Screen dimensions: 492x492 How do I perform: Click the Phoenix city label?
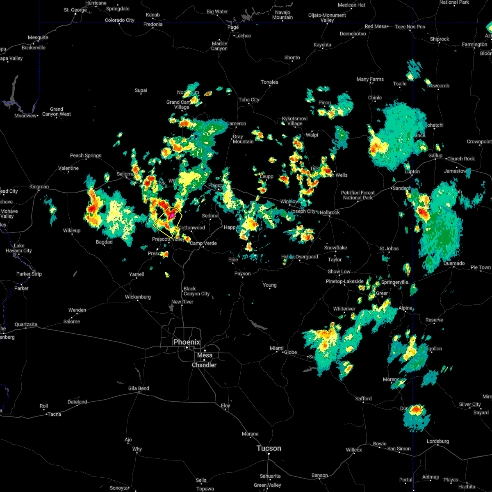point(187,342)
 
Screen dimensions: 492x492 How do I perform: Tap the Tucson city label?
point(269,448)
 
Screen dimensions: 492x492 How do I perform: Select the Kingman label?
point(39,187)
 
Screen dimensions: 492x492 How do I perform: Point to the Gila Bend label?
point(138,388)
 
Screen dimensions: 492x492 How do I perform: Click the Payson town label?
point(242,273)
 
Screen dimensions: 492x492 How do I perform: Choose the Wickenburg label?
point(138,297)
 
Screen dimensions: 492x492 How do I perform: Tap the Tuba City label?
point(249,100)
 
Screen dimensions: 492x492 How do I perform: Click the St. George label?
point(75,10)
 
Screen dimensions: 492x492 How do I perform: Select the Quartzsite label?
point(26,324)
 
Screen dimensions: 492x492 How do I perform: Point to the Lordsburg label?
point(437,441)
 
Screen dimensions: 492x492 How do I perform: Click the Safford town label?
point(363,398)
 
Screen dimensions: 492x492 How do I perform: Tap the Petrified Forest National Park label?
point(358,195)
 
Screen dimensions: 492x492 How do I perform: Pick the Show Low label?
point(339,271)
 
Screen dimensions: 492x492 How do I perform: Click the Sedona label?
point(210,216)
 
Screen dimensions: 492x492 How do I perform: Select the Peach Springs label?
point(85,155)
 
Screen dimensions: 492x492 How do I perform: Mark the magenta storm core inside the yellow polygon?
point(172,214)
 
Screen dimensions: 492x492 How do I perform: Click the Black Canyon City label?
point(196,291)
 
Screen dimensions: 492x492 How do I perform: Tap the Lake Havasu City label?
point(18,248)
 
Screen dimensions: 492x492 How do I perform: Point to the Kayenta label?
point(322,45)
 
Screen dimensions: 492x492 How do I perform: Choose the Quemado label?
point(455,264)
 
